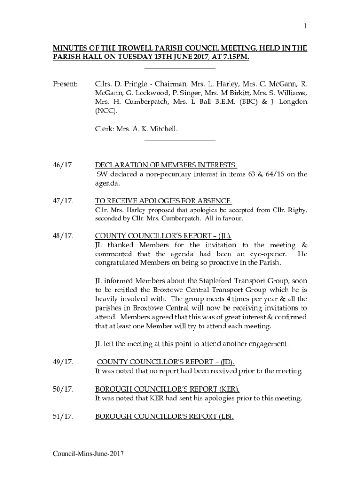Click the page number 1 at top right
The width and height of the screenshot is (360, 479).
[x=305, y=27]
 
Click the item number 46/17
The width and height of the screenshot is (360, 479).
[x=63, y=165]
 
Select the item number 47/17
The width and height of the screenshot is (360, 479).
[x=63, y=201]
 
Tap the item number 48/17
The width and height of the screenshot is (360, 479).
[x=63, y=236]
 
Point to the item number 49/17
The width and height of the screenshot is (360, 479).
[x=63, y=363]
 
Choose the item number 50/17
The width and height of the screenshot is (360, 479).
[x=63, y=389]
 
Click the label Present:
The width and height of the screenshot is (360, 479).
[x=65, y=84]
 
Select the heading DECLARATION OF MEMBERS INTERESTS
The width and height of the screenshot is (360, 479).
[x=166, y=165]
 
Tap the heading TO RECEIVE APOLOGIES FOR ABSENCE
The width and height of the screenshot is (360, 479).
[x=164, y=201]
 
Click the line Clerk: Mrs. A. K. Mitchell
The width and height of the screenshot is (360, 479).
[x=137, y=128]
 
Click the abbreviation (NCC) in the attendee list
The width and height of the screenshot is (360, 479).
[x=106, y=110]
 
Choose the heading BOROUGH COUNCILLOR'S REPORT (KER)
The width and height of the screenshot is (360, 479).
[x=167, y=389]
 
